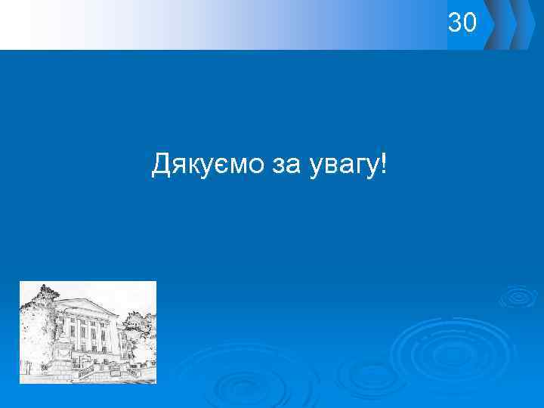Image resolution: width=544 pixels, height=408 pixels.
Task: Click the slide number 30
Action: point(462,23)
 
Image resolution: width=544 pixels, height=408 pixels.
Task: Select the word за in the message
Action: point(286,163)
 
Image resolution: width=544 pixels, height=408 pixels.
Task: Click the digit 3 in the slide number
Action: point(455,23)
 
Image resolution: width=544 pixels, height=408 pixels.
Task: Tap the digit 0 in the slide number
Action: point(470,23)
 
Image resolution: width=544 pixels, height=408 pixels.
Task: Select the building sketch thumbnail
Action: point(88,332)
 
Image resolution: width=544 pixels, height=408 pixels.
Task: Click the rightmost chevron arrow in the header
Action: point(524,25)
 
